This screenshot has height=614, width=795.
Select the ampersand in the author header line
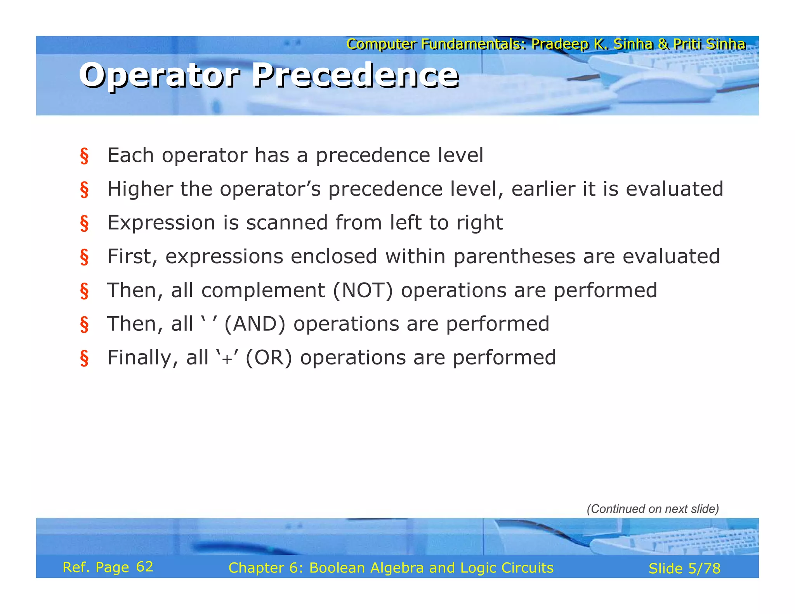point(663,44)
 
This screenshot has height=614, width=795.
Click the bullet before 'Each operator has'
point(84,156)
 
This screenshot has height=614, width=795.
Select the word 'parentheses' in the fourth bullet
point(514,257)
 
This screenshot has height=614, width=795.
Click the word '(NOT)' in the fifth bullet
point(363,290)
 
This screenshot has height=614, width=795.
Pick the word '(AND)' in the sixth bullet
point(255,324)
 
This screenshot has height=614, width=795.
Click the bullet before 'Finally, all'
point(84,358)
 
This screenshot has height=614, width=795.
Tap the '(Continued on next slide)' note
point(653,509)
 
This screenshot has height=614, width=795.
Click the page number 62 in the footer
point(144,567)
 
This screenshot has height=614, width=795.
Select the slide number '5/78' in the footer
point(704,569)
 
